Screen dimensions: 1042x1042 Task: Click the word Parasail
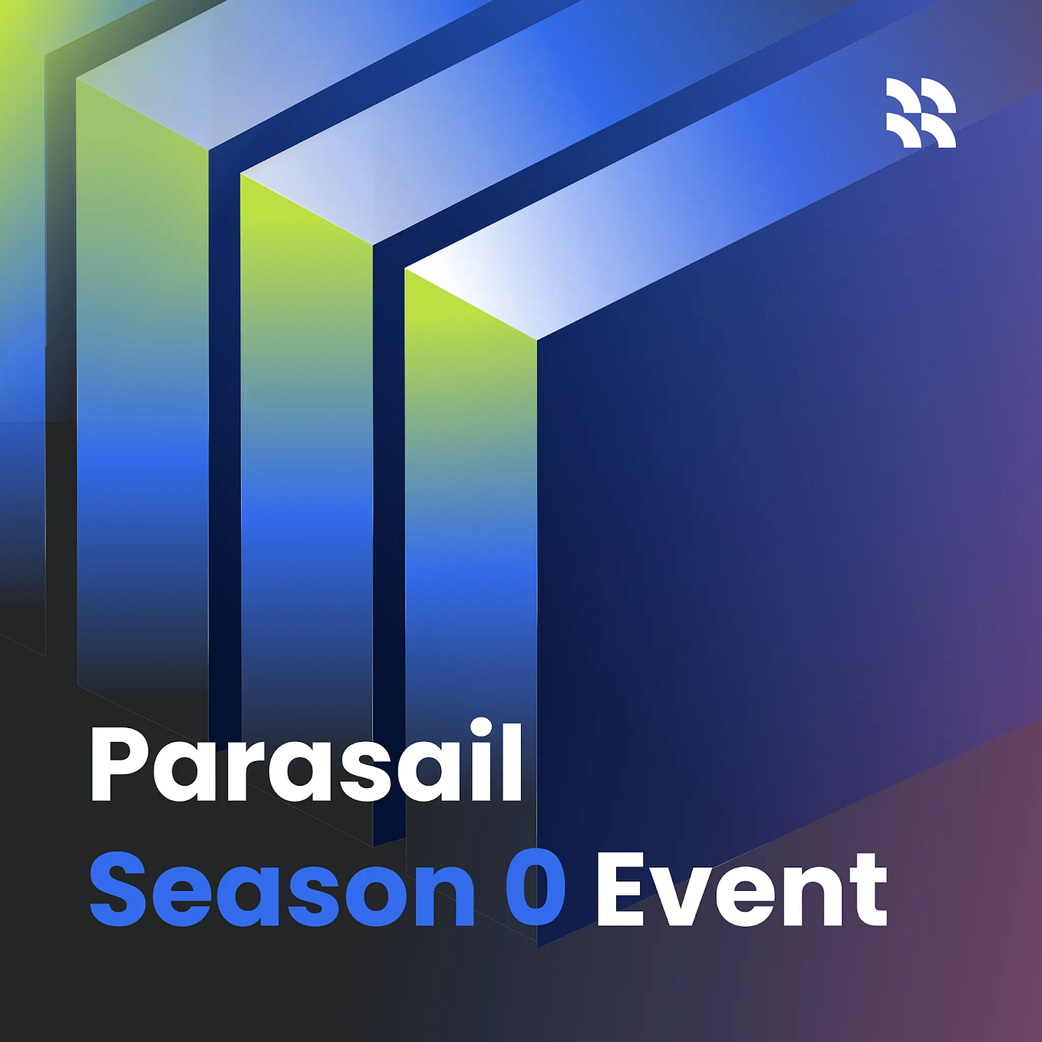click(x=305, y=763)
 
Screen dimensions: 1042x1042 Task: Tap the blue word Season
click(x=282, y=889)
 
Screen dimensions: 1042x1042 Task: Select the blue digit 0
click(x=535, y=889)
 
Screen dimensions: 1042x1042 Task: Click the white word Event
click(x=740, y=889)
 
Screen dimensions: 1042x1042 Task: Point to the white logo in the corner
click(x=921, y=112)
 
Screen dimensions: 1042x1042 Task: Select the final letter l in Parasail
click(x=510, y=761)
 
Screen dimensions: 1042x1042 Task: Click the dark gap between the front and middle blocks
click(x=388, y=537)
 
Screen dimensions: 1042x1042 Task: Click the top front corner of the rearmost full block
click(x=79, y=80)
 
